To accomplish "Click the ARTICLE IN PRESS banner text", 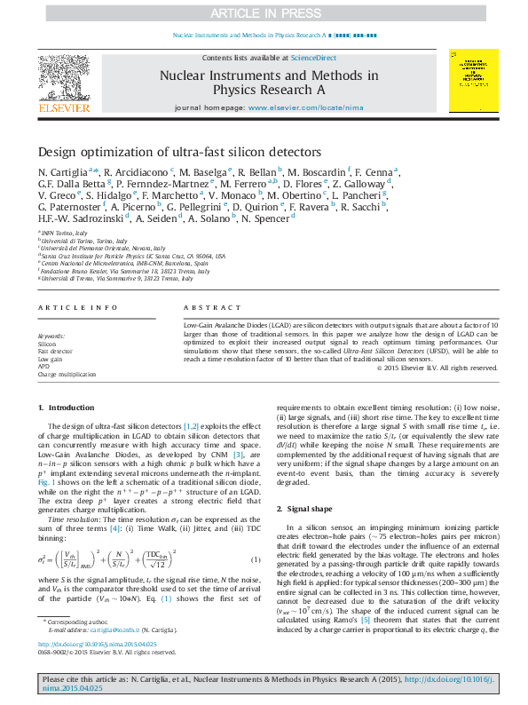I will click(264, 12).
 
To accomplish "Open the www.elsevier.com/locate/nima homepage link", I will click(306, 107).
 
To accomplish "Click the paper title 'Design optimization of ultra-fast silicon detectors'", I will click(179, 152).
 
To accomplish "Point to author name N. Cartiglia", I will click(66, 171).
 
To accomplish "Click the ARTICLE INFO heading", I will click(78, 306).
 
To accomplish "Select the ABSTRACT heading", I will click(200, 306).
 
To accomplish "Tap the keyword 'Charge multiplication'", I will click(66, 375).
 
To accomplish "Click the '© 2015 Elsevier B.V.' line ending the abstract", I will click(437, 368).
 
